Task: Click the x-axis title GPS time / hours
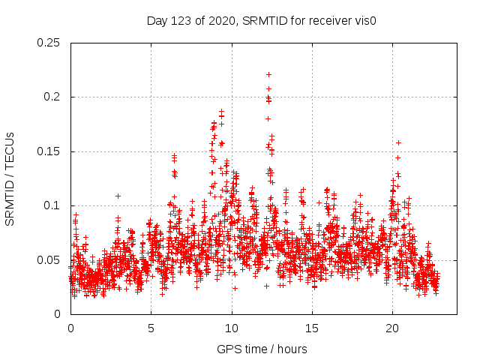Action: pos(262,349)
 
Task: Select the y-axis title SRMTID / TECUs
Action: pos(10,178)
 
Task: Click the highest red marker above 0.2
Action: pos(268,75)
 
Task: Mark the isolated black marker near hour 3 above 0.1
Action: pos(118,196)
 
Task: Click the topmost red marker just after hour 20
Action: pos(398,142)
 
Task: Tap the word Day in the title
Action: pos(157,20)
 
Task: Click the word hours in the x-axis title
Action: pos(290,349)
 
